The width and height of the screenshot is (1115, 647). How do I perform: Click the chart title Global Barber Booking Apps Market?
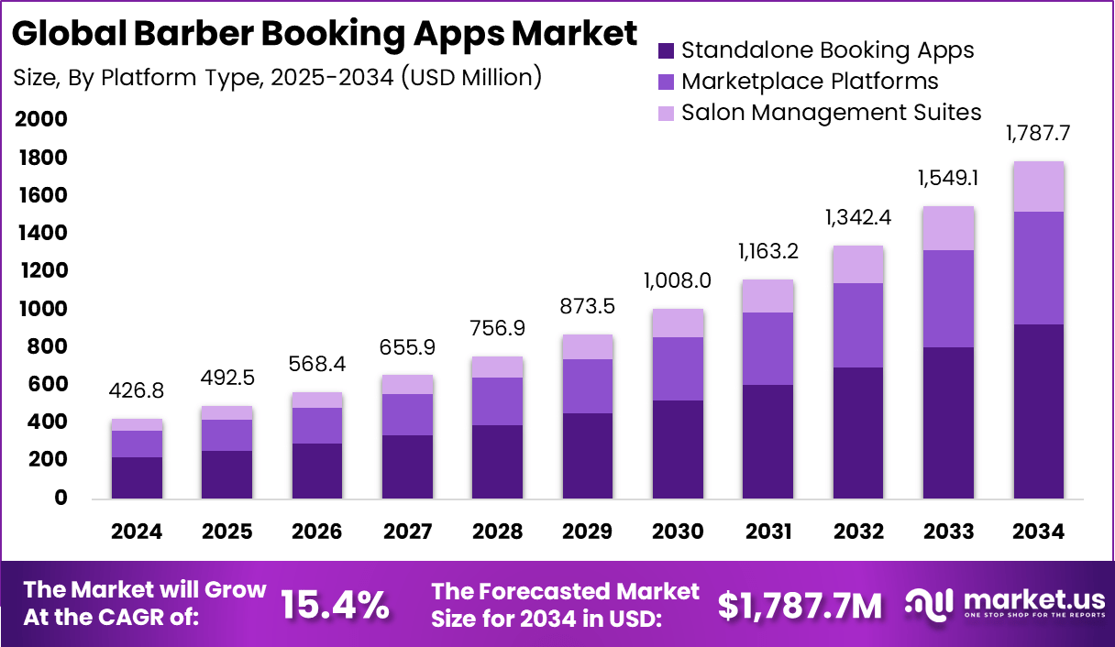coord(326,34)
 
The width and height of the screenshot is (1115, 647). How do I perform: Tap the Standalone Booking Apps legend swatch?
coord(667,50)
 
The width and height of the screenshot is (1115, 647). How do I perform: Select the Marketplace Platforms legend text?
coord(810,82)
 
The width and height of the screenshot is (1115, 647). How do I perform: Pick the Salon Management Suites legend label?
coord(832,113)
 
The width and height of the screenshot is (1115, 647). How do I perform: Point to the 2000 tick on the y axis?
coord(41,120)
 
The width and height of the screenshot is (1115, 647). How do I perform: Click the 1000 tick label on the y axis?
coord(41,309)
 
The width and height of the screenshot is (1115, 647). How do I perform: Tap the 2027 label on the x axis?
coord(407,532)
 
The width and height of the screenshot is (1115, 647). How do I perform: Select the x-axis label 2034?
coord(1039,532)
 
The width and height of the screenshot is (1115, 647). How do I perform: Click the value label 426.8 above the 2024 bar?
coord(137,392)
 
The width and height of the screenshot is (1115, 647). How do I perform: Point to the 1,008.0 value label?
coord(678,280)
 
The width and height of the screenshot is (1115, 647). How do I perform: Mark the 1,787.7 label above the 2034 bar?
coord(1039,134)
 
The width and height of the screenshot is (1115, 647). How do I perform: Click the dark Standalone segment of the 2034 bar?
coord(1039,411)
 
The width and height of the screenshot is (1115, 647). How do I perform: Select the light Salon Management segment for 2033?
coord(948,228)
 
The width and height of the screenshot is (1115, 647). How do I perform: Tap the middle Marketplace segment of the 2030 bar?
coord(678,368)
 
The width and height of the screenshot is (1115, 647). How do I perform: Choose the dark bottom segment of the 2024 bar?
coord(137,477)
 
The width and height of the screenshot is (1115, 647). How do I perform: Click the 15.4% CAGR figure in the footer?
coord(335,605)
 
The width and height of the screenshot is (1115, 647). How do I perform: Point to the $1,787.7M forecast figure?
coord(800,605)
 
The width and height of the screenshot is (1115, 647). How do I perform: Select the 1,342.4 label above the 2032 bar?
coord(858,218)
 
